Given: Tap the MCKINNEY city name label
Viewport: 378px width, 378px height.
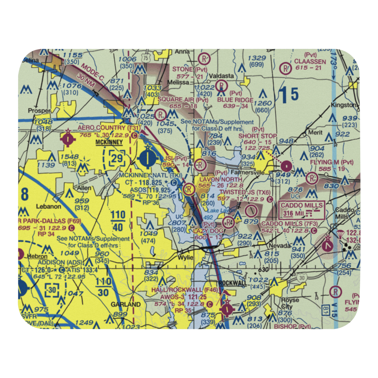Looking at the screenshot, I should coord(109,142).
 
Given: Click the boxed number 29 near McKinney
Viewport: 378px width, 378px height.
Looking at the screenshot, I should coord(117,159).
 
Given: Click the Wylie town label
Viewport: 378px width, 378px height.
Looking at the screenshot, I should coord(186,258).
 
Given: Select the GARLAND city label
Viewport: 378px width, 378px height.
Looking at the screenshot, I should coord(125,304).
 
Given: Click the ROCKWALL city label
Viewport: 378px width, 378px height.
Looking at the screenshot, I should coord(233,283).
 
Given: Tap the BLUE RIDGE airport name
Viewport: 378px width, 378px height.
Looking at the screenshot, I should coord(235,100).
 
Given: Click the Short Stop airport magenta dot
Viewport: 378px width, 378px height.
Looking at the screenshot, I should coord(287,165).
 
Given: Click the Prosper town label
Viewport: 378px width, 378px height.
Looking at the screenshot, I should coord(39,110).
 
